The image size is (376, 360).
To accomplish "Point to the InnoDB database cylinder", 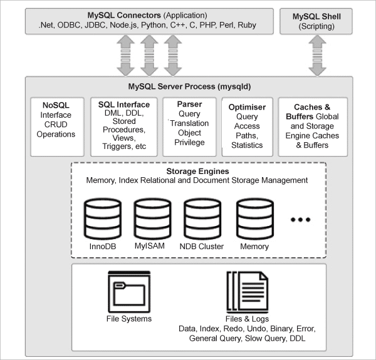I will pos(101,217).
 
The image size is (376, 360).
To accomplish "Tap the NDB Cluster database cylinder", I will pos(202,217).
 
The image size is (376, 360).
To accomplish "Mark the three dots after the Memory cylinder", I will pos(301,220).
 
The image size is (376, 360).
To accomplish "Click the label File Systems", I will pos(129,319).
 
